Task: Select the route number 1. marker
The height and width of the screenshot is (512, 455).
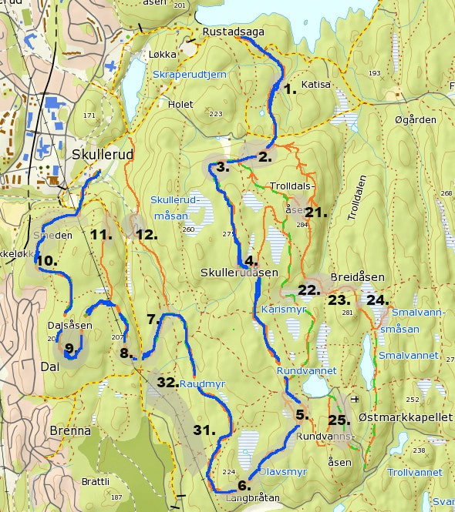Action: tap(290, 89)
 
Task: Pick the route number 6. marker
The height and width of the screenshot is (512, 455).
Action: tap(244, 485)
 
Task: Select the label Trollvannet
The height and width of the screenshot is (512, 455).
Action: tap(414, 472)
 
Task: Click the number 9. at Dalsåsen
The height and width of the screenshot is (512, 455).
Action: tap(69, 350)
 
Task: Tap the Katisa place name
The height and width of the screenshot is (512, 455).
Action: tap(315, 85)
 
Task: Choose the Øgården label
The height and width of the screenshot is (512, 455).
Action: tap(415, 120)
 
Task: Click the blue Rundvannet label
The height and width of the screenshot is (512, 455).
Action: tap(306, 370)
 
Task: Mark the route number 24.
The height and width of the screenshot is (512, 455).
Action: tap(377, 300)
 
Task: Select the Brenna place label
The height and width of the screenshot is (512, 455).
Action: tap(70, 430)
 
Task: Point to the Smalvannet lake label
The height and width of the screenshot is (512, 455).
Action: tap(408, 356)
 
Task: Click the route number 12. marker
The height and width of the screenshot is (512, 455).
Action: tap(147, 234)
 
